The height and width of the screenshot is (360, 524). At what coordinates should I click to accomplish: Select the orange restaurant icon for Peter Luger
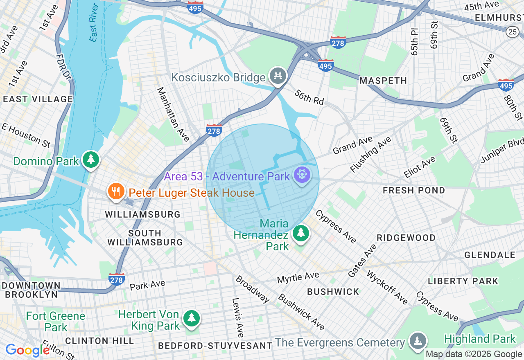click(116, 191)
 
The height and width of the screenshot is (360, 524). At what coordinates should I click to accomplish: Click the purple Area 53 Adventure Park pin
click(302, 175)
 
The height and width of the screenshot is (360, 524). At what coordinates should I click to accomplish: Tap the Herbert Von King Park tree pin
click(191, 318)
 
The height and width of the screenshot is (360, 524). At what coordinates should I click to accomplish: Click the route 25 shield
click(513, 32)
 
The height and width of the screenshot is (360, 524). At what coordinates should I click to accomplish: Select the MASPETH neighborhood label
click(383, 81)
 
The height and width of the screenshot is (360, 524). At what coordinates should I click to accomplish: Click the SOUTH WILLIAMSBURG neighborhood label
click(145, 238)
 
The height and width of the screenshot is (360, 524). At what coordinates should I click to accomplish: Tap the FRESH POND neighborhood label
click(414, 191)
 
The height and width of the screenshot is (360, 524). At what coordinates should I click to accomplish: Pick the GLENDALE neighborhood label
click(490, 255)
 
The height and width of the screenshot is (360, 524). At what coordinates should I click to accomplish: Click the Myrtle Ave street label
click(298, 278)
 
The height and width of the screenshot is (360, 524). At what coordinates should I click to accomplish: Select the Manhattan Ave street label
click(173, 114)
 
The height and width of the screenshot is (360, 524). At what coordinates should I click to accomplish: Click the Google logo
click(27, 351)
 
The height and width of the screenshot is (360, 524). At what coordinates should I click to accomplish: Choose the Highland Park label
click(480, 339)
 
